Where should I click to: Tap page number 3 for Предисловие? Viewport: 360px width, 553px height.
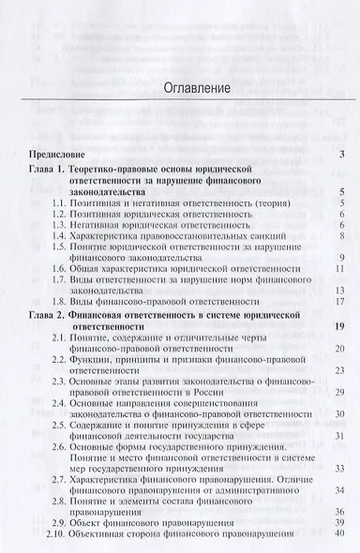coord(344,153)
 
